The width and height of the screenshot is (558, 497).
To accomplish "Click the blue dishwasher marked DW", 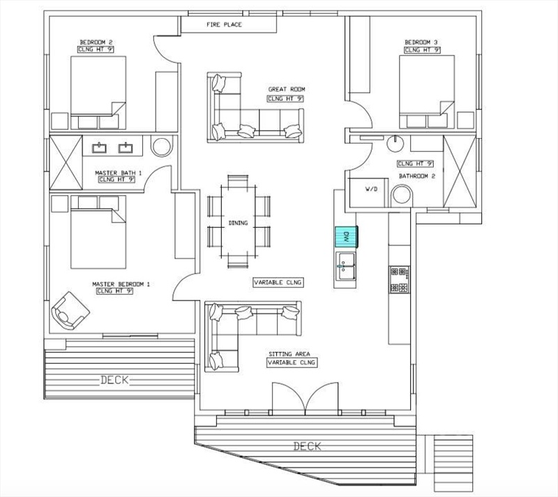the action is tap(346, 236).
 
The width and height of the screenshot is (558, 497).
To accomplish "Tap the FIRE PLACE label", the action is tap(224, 24).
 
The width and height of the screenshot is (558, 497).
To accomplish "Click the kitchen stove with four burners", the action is tap(399, 280).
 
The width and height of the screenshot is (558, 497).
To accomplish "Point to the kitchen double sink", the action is tap(345, 266).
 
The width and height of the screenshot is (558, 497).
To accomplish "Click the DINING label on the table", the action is tap(238, 223).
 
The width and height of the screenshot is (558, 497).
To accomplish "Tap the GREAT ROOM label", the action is tap(287, 89).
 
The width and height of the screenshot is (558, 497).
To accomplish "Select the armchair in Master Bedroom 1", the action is tap(70, 311).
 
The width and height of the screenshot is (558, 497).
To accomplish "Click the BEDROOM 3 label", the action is tap(422, 43).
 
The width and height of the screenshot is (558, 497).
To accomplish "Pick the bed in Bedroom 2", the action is tap(98, 93).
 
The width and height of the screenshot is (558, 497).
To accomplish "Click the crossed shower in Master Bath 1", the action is tap(66, 162).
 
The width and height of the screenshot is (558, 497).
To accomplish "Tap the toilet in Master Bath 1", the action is tap(162, 146).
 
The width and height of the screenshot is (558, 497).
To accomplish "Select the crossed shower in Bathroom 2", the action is tap(460, 171).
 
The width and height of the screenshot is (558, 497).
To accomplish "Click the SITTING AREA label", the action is tap(289, 354).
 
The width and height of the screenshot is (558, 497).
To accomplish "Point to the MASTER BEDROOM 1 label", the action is tap(121, 284).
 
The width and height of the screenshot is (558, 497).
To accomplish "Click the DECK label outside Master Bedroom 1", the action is tap(114, 380).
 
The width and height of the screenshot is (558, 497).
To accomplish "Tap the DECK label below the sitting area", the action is tap(307, 446).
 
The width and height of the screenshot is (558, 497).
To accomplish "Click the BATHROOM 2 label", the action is tap(416, 176).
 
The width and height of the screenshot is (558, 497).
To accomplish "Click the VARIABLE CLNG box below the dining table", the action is tap(278, 282).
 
